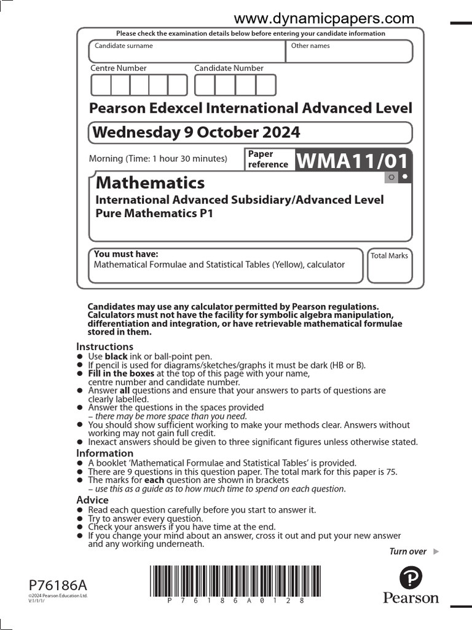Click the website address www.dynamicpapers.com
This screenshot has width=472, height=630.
point(324,18)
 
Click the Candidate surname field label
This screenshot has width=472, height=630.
point(124,46)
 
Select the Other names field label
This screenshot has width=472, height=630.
point(310,46)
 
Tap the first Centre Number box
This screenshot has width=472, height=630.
point(101,85)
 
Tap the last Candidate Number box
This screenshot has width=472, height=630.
point(266,85)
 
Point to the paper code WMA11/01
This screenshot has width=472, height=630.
point(353,161)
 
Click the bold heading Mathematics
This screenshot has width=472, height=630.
point(151,183)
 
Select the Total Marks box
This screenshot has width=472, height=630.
point(390,266)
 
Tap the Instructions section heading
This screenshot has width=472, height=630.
point(104,346)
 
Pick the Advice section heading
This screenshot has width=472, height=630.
point(92,500)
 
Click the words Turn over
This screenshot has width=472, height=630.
point(407,551)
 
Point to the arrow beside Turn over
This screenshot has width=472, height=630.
point(436,551)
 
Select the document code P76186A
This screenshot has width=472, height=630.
point(53,584)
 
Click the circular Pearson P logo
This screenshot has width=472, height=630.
point(411,578)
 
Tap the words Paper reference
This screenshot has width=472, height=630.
point(268,159)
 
